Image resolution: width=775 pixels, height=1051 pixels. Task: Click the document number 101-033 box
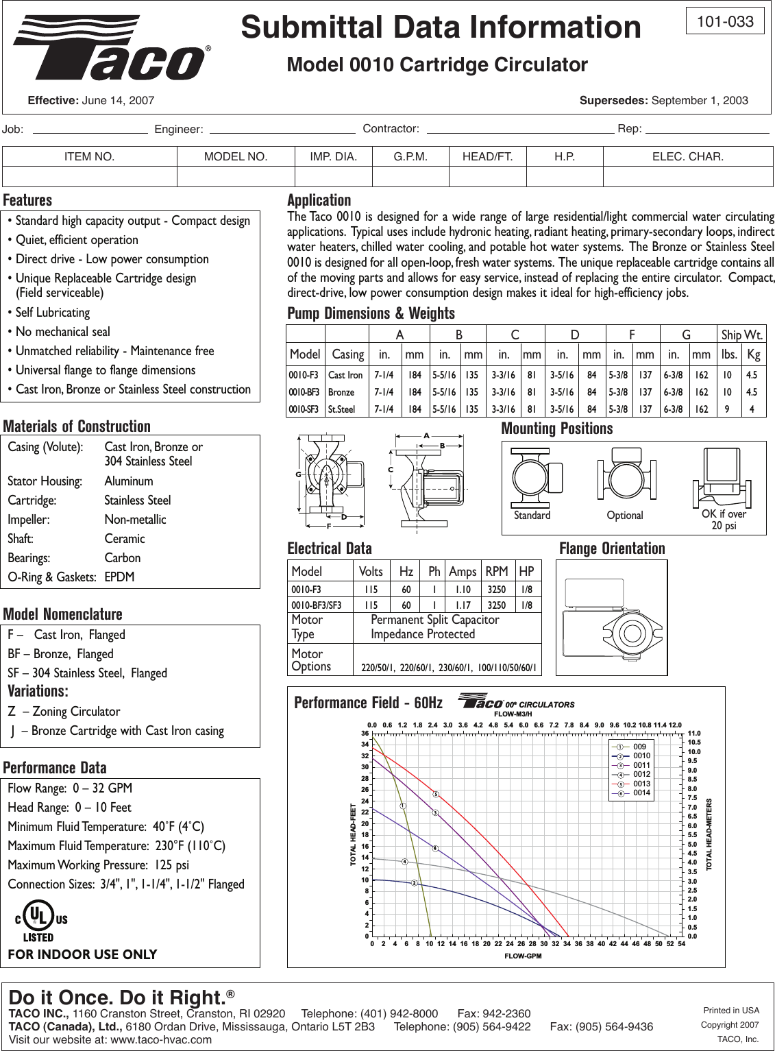tap(725, 21)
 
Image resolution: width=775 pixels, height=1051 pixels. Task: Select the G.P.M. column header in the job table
tap(410, 156)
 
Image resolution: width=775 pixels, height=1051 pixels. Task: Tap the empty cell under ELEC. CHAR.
tap(687, 176)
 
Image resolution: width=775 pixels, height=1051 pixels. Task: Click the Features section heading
tap(27, 200)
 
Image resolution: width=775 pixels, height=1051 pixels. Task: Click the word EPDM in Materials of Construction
tap(119, 577)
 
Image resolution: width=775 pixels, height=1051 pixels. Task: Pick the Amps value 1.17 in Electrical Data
tap(463, 605)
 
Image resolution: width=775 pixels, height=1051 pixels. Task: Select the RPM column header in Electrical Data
tap(496, 572)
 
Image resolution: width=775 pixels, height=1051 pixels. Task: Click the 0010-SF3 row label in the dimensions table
tap(303, 409)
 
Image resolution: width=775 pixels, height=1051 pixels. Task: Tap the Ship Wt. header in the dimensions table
tap(741, 335)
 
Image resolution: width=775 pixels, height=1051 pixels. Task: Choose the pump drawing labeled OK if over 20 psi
tap(724, 477)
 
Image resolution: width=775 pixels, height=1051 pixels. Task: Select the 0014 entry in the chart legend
tap(641, 793)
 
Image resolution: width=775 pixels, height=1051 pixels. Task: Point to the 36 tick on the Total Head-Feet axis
tap(365, 734)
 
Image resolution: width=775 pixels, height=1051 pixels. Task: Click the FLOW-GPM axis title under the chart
tap(523, 956)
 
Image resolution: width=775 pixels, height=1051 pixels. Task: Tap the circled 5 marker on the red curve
tap(435, 795)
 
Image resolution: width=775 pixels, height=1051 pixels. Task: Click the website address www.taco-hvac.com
tap(161, 1039)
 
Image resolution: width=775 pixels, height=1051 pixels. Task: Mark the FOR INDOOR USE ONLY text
tap(82, 954)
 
